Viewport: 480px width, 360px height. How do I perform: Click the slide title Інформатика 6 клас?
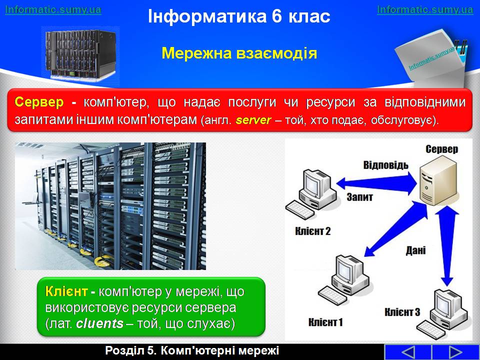click(x=239, y=16)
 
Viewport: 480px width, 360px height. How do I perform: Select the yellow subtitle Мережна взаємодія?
click(x=239, y=53)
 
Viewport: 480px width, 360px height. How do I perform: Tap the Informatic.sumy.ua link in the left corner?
click(x=53, y=10)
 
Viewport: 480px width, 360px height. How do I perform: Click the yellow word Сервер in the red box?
click(x=39, y=102)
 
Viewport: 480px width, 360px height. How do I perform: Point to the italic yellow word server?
click(x=253, y=120)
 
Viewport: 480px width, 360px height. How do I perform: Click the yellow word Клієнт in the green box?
click(x=66, y=291)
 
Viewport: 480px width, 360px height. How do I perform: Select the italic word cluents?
click(x=99, y=323)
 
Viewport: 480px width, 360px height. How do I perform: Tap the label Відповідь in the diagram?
click(x=385, y=165)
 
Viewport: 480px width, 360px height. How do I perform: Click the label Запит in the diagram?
click(x=359, y=196)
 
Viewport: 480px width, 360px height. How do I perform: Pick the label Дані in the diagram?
click(x=415, y=250)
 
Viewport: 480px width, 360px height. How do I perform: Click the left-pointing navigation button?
click(x=408, y=352)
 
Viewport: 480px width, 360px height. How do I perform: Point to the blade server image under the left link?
click(x=80, y=54)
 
